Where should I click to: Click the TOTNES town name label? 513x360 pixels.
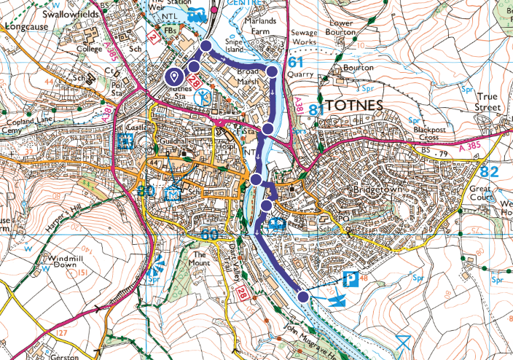(x=355, y=106)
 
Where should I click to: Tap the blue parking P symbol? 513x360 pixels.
(x=352, y=278)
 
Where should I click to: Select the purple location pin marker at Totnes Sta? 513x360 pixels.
(x=175, y=76)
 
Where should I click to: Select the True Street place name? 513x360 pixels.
(x=490, y=102)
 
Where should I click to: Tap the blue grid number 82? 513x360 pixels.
(x=490, y=171)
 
